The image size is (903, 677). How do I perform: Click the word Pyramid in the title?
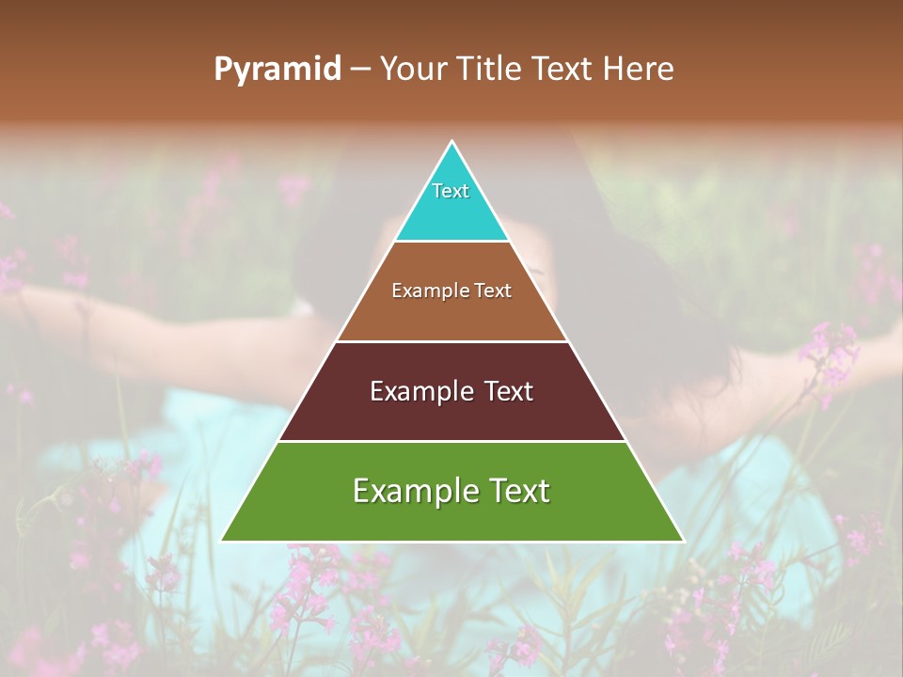277,70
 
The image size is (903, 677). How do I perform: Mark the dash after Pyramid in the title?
360,70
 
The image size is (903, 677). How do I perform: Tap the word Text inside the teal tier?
451,191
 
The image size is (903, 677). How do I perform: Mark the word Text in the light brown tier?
493,291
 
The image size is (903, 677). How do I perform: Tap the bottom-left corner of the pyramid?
223,540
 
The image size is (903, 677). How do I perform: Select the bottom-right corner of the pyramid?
682,540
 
